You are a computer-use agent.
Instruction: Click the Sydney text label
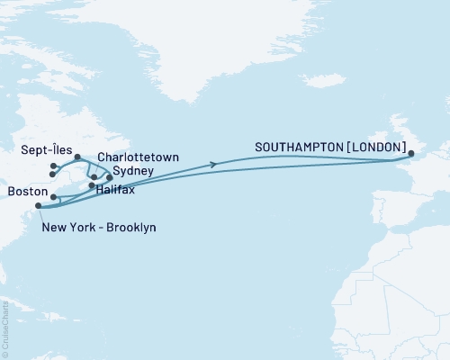(132, 170)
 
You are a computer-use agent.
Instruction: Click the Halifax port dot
(93, 186)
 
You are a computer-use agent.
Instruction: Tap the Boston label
(23, 192)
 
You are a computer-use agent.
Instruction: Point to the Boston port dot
(54, 197)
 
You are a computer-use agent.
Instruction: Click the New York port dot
(39, 206)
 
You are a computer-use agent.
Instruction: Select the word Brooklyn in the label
(129, 228)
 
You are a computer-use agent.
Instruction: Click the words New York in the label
(65, 228)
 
